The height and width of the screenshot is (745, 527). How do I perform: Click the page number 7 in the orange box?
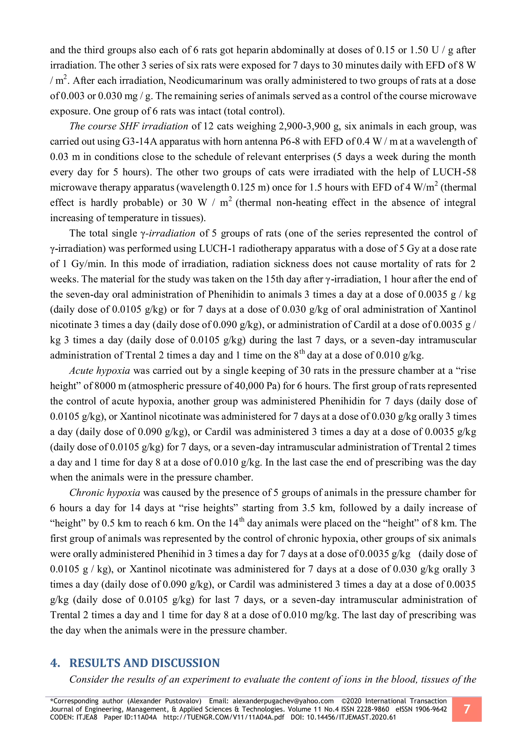click(466, 709)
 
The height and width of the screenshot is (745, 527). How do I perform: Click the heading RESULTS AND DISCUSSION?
click(144, 663)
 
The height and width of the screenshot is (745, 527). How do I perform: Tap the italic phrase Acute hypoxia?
click(100, 370)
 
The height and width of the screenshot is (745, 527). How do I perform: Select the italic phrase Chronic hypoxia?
click(105, 493)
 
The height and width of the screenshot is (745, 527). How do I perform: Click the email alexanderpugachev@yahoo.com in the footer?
click(283, 701)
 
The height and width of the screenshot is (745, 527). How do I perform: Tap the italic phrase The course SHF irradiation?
click(128, 126)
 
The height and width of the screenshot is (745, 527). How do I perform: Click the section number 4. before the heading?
click(55, 663)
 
